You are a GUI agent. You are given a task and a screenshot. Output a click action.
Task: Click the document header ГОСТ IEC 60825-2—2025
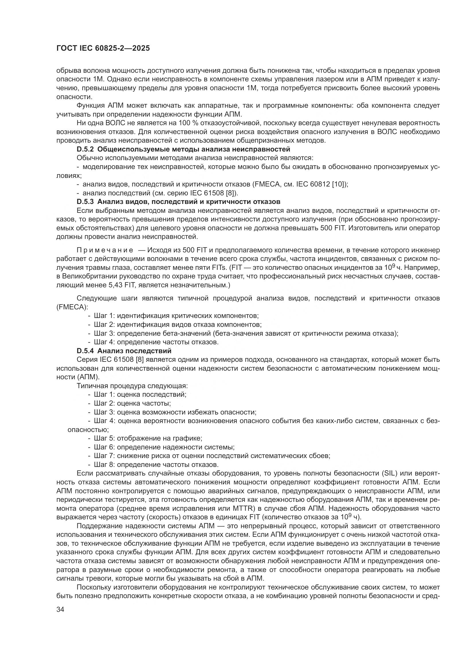point(103,48)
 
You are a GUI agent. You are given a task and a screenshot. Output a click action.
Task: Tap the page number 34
point(60,609)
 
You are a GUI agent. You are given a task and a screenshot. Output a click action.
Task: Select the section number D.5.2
point(85,150)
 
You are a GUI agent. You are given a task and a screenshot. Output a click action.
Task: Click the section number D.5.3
point(85,202)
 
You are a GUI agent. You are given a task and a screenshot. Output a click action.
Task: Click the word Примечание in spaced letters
point(105,250)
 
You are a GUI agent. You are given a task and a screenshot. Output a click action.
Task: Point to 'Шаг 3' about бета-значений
point(104,333)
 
